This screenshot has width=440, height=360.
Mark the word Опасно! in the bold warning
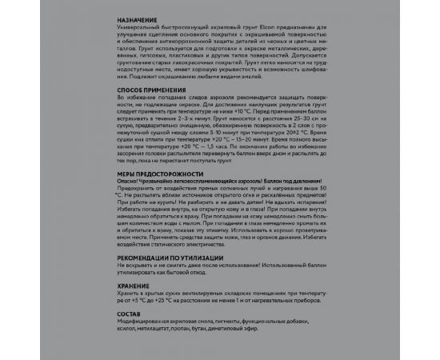pyautogui.click(x=129, y=180)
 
